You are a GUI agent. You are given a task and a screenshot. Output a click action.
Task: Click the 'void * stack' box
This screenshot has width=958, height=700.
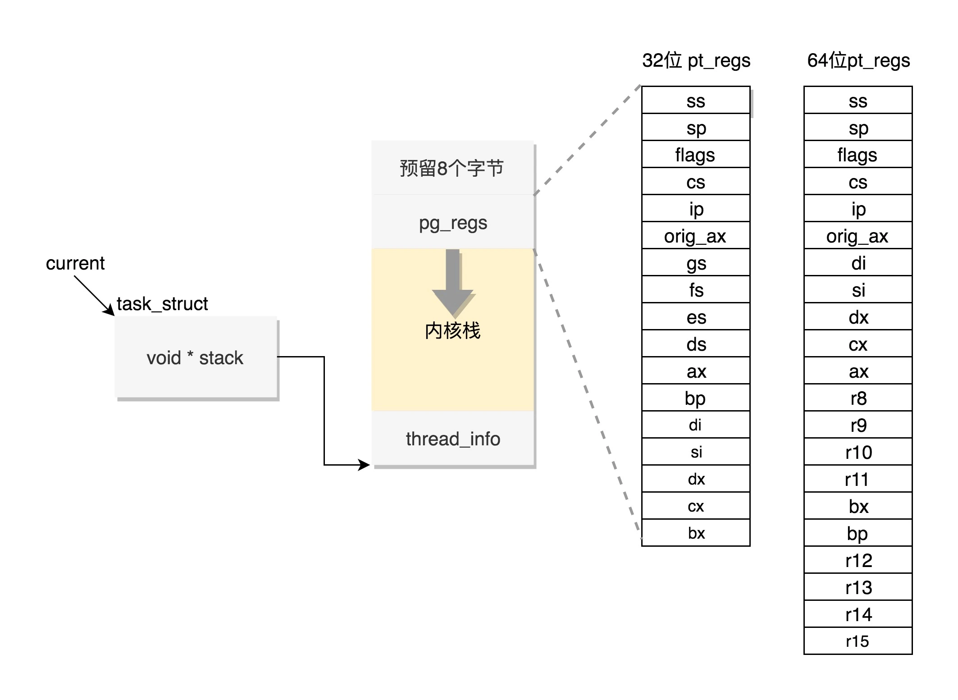coord(196,357)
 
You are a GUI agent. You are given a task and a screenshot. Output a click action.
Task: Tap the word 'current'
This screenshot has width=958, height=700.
coord(75,263)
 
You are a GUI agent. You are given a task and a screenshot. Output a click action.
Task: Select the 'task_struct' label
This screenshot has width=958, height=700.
coord(162,304)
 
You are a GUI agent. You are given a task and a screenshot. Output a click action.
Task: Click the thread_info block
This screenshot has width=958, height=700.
coord(452,438)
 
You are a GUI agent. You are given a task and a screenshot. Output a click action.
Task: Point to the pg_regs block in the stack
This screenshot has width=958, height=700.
coord(452,222)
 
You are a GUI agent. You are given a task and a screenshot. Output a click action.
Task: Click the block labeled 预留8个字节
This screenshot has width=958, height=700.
coord(452,168)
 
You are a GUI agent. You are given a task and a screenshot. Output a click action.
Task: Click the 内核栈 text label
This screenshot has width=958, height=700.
coord(452,330)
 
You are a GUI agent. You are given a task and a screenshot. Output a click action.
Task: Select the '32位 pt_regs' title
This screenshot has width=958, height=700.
coord(696,60)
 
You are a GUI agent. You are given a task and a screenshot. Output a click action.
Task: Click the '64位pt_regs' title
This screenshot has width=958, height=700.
coord(858,60)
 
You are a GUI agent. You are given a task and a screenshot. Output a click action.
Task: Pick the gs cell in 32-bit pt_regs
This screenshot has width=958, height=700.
coord(696,263)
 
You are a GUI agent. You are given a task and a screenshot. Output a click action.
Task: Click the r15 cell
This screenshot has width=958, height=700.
coord(858,641)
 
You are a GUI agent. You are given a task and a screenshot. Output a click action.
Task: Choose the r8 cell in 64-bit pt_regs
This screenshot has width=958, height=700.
coord(858,398)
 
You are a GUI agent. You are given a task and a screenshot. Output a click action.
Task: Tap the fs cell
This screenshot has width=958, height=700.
coord(696,290)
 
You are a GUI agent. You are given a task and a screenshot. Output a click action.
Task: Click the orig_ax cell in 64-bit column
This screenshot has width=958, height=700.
coord(858,236)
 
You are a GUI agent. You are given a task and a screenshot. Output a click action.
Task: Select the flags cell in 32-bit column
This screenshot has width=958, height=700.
coord(696,155)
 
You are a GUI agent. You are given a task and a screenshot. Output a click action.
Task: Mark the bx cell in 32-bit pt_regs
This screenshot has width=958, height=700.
coord(696,533)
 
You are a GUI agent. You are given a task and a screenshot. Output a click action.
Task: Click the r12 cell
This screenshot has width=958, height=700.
coord(858,560)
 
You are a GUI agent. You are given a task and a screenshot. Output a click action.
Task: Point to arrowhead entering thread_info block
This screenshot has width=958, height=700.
coord(364,465)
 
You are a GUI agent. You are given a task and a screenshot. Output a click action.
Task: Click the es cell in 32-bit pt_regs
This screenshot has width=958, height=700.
coord(696,317)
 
